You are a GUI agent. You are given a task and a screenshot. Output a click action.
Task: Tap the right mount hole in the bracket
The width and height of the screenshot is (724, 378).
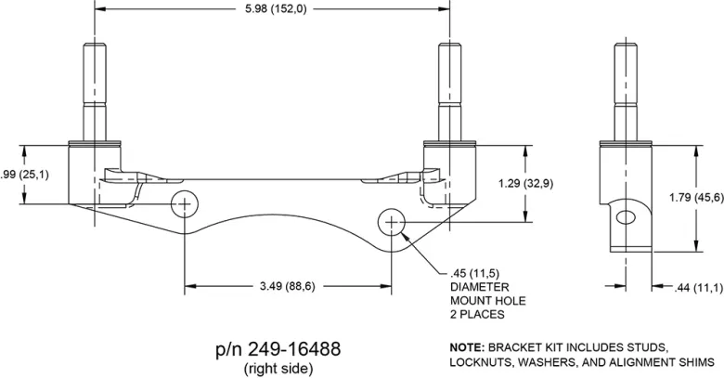[393, 222]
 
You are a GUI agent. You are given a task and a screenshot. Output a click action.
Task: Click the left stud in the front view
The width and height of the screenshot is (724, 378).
[97, 88]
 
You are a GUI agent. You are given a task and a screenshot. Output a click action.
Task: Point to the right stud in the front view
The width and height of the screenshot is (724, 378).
[447, 88]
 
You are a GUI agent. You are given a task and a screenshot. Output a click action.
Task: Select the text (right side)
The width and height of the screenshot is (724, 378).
[278, 369]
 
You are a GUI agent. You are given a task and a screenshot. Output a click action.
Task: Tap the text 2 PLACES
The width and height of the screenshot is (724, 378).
[477, 315]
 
